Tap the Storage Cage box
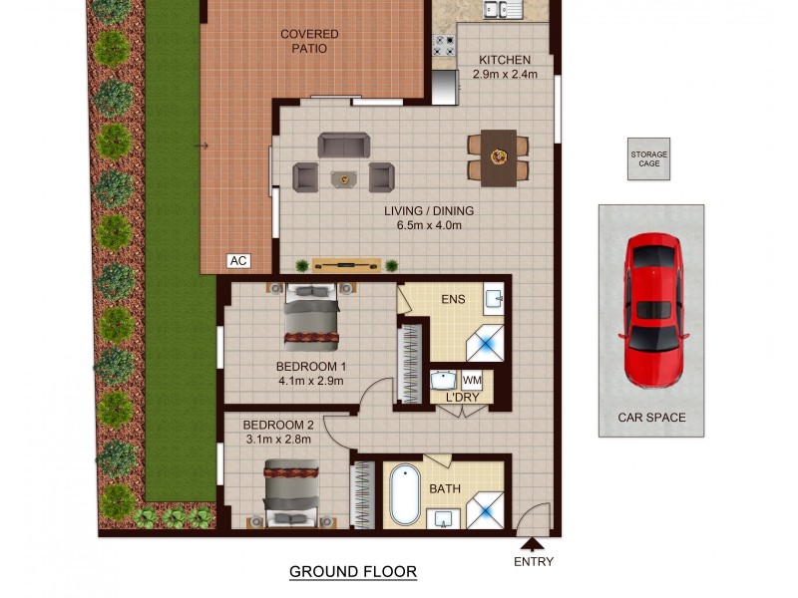(x=648, y=159)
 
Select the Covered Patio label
(x=309, y=41)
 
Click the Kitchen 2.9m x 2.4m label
(x=507, y=67)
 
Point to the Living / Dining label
(x=429, y=217)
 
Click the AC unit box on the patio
(x=237, y=261)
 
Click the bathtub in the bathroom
(x=405, y=493)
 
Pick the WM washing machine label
(x=472, y=380)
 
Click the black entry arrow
(x=533, y=544)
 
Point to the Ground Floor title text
(x=352, y=571)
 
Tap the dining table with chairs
(x=498, y=156)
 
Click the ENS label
(x=454, y=298)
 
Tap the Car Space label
(x=651, y=418)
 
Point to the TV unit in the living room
(x=346, y=265)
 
